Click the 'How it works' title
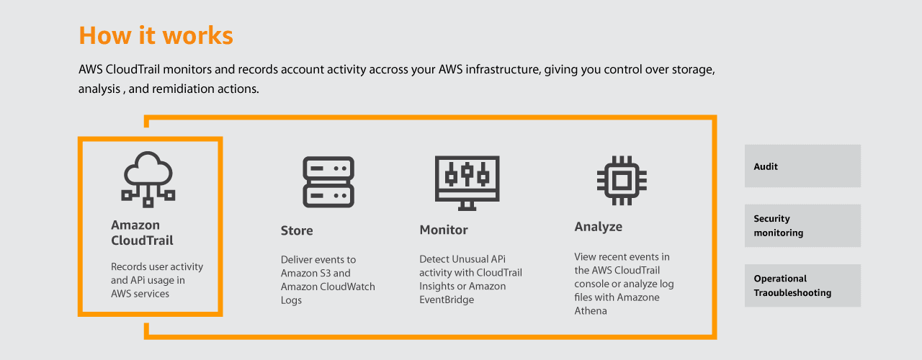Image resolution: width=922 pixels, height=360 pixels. [156, 35]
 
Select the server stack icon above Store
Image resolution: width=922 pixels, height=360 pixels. [328, 182]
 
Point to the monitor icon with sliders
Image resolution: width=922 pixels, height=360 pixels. [467, 183]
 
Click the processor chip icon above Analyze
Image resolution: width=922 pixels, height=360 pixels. [622, 180]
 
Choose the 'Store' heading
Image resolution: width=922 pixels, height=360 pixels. [297, 230]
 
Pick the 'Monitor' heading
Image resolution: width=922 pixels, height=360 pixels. [444, 230]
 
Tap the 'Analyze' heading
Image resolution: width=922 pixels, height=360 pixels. [599, 227]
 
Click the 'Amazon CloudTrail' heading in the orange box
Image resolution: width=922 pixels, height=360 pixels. [142, 233]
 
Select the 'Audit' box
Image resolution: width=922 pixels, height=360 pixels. [802, 166]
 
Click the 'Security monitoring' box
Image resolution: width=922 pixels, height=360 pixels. [802, 225]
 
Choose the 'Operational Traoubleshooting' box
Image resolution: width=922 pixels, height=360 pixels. [802, 286]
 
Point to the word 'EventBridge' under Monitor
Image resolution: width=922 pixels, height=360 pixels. [447, 300]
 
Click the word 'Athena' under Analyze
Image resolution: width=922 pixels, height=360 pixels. [591, 310]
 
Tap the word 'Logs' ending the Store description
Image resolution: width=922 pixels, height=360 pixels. [291, 300]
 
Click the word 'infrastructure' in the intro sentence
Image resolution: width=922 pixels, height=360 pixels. [503, 70]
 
